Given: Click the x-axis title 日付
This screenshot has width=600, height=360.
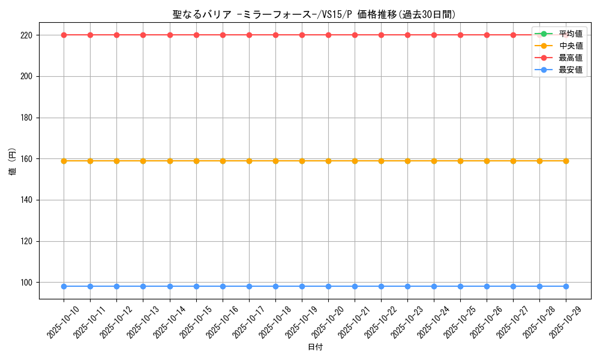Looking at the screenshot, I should click(x=315, y=347).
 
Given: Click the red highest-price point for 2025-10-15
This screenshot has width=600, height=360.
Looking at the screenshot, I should click(x=196, y=35).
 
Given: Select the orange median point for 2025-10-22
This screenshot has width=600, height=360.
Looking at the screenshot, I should click(x=381, y=161).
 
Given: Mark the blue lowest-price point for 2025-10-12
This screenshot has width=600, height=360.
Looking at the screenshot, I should click(x=116, y=286).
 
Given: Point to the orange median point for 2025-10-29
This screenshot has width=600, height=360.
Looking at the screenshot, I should click(x=566, y=161).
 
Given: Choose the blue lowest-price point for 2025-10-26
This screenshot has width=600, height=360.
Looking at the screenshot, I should click(x=487, y=286).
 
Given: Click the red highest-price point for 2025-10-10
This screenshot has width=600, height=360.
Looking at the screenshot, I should click(x=64, y=35).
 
